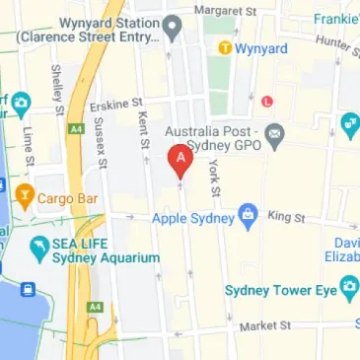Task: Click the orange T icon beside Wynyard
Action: click(225, 46)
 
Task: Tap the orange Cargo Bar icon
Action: click(24, 189)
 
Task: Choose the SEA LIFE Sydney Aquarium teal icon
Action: click(39, 249)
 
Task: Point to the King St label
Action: click(286, 215)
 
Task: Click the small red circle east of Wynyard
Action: click(267, 100)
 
